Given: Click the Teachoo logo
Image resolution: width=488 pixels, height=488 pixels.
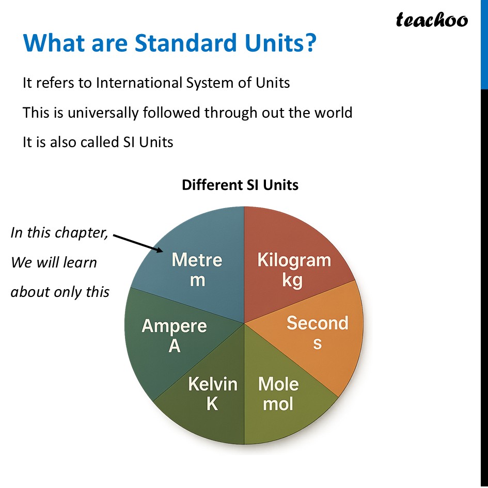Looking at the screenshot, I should point(432,20).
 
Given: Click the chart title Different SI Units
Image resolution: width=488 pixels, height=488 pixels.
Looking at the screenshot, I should point(240,185).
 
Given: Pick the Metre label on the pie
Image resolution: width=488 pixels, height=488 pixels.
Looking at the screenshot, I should point(197,259).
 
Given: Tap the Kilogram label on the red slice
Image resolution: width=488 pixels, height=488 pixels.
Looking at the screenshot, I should point(294,260).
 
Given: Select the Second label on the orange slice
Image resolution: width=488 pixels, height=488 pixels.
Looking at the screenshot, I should point(317,323).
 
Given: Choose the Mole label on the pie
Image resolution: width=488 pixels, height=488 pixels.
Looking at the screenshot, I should point(278,384).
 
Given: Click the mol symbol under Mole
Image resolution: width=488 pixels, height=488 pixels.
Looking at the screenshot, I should point(278,403).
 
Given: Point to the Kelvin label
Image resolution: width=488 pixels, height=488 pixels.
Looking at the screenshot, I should point(213,384).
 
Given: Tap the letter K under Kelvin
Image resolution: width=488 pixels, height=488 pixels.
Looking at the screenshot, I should point(212,403).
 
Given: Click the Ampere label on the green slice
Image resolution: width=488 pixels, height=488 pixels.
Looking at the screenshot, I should point(174,326).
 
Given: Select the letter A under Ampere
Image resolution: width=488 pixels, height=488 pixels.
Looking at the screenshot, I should point(175,346).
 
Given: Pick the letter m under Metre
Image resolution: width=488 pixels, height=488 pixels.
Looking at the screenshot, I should point(197,280).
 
